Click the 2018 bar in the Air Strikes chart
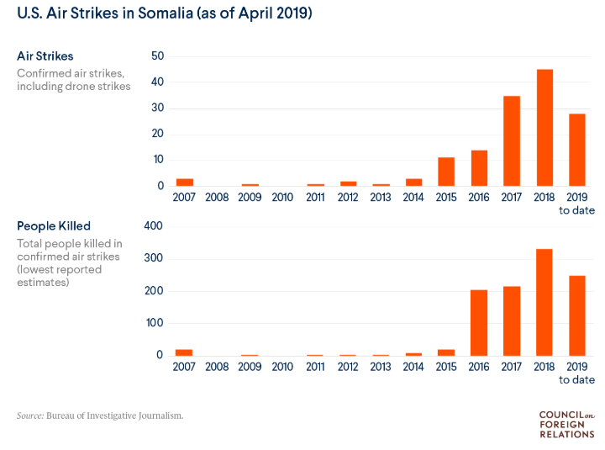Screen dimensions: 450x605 point(544,127)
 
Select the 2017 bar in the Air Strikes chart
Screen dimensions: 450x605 point(512,140)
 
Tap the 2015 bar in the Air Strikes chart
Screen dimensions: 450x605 point(446,172)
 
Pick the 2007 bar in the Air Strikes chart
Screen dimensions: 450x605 point(184,182)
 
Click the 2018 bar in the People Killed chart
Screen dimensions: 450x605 point(544,302)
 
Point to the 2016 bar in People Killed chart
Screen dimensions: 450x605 point(479,322)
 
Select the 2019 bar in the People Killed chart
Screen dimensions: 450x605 point(577,315)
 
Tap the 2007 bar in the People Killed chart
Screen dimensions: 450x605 point(184,352)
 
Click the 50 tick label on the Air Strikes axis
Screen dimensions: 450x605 point(157,56)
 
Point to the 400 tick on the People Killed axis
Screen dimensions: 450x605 point(154,226)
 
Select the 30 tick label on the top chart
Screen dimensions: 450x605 point(157,109)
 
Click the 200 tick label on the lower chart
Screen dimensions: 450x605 point(154,291)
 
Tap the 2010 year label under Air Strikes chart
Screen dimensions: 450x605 point(282,198)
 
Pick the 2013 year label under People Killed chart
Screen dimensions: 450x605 point(381,367)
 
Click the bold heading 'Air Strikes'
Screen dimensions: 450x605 point(45,56)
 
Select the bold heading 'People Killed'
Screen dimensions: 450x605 point(54,226)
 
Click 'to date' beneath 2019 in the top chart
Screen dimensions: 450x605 point(577,210)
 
